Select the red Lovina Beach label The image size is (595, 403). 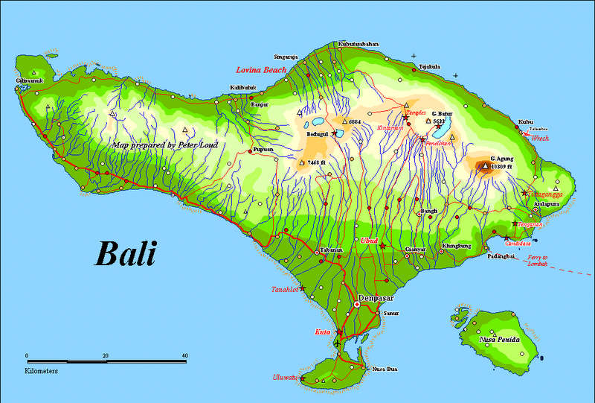coord(260,69)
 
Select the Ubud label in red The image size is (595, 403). coord(369,241)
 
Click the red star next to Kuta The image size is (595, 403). coord(340,332)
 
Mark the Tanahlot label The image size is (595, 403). coord(285,289)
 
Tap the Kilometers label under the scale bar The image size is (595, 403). coord(42,369)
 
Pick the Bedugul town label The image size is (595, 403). coord(320,136)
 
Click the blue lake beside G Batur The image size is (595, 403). coord(454,112)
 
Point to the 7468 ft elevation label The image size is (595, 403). coord(318,162)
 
